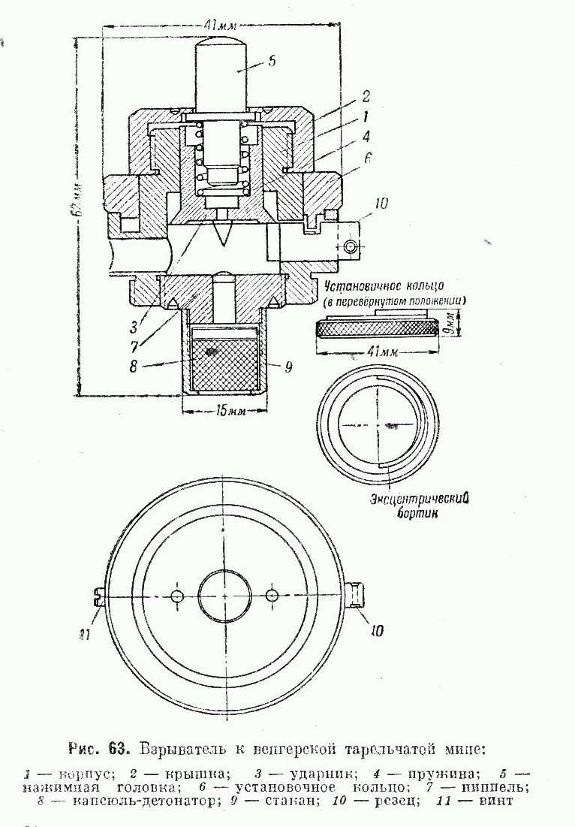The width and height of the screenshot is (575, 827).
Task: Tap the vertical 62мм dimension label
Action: pyautogui.click(x=80, y=203)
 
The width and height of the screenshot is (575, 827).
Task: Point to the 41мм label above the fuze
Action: pyautogui.click(x=224, y=25)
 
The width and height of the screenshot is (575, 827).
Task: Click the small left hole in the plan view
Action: pyautogui.click(x=177, y=596)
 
